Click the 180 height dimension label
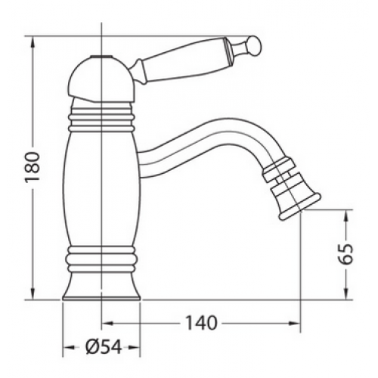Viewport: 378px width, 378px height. (33, 166)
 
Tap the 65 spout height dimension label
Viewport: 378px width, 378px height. (345, 253)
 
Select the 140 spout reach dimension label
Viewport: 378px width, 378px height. (201, 323)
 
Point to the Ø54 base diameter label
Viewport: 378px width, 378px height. (104, 346)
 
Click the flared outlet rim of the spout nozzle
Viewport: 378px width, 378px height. (300, 206)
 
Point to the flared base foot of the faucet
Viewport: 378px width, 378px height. (101, 287)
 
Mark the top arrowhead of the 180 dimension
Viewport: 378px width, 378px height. (33, 43)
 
